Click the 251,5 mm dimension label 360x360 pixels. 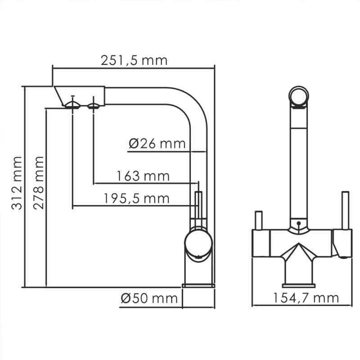click(135, 60)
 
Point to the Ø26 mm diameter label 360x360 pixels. click(157, 144)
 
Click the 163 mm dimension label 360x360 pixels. click(143, 175)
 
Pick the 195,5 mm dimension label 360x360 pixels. click(136, 198)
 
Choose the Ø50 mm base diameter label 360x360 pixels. click(149, 298)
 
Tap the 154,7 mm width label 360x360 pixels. click(306, 297)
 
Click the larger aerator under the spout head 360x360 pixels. click(72, 105)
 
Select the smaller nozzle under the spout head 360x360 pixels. click(93, 106)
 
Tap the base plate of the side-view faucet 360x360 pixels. click(198, 285)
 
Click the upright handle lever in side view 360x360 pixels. click(198, 205)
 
